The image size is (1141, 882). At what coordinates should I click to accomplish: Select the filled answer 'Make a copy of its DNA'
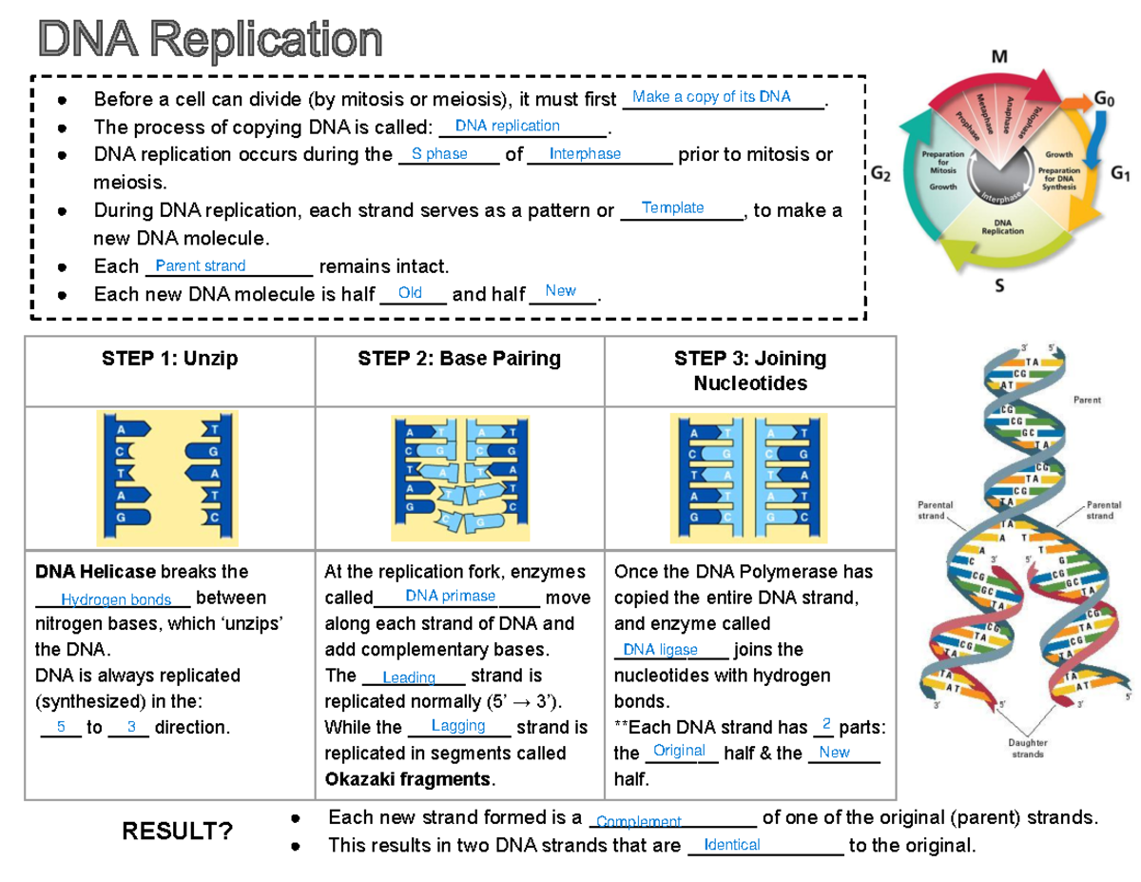pos(711,97)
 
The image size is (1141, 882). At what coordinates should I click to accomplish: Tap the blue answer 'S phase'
pos(439,154)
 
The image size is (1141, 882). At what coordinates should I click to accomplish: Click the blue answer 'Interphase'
pos(586,154)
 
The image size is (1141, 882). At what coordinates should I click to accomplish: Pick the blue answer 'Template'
pos(673,207)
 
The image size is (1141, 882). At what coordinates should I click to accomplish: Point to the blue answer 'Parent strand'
pos(201,266)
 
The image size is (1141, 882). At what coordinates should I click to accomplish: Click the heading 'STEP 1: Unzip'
pos(170,359)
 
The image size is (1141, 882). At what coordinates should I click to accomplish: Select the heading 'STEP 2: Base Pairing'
pos(459,359)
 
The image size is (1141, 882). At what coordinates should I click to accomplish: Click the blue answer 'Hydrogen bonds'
pos(116,599)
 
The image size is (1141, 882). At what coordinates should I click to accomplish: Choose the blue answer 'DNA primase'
pos(450,596)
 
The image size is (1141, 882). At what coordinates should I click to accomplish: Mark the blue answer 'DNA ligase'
pos(660,650)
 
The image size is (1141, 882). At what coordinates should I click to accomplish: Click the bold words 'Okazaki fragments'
pos(409,779)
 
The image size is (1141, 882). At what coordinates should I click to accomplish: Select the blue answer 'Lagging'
pos(458,726)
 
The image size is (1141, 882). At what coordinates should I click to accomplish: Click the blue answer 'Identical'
pos(732,845)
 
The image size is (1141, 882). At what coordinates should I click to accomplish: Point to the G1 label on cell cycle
pos(1121,174)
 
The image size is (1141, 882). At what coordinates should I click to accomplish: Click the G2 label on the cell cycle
pos(880,174)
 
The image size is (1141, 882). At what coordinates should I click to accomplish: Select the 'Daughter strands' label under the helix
pos(1027,748)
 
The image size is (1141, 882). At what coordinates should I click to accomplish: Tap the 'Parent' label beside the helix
pos(1087,401)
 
